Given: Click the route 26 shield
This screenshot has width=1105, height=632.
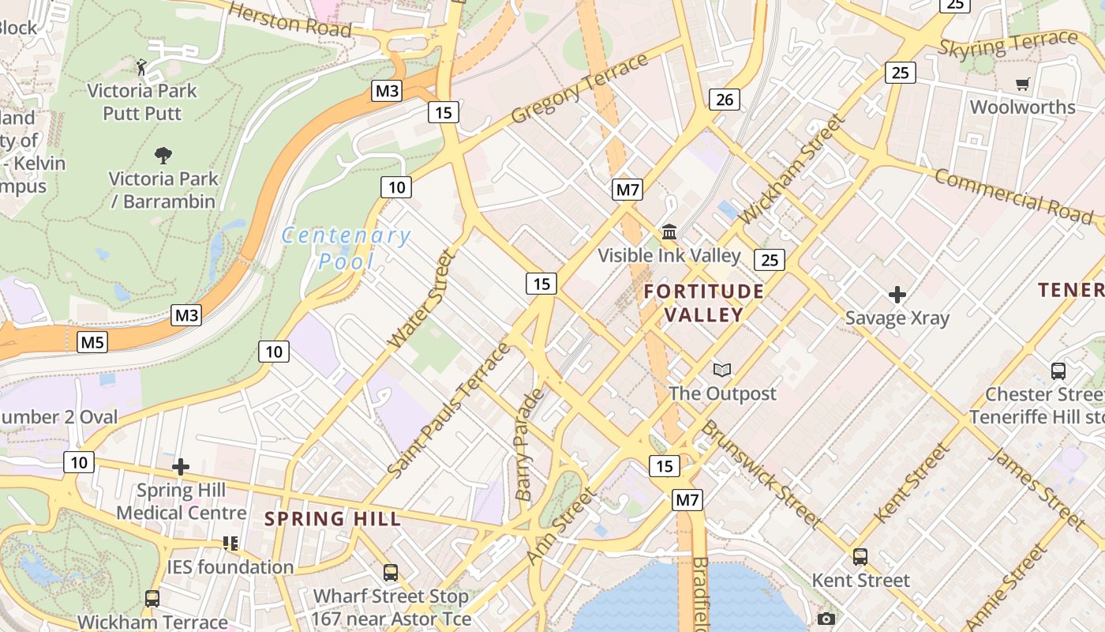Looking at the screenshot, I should [725, 100].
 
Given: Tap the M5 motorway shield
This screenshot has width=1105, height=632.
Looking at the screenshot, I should [92, 342].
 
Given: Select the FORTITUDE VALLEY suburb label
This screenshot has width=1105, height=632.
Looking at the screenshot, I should [703, 303].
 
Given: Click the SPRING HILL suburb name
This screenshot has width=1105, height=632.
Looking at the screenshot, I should [332, 519].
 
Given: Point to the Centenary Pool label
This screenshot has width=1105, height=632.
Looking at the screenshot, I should [346, 248].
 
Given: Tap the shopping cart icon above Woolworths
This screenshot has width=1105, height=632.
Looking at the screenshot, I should [1022, 84].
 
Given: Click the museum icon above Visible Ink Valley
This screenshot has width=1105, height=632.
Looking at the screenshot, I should [669, 231].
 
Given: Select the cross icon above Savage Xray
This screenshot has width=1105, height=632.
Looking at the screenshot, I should [897, 295].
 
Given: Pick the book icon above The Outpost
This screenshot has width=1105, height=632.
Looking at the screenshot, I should [721, 370].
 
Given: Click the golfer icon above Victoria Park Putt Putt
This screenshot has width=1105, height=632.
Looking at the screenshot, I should [142, 66].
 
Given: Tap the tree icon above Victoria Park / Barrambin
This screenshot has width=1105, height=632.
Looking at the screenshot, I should [163, 155].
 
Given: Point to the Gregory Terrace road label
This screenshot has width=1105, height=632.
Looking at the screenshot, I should [579, 89].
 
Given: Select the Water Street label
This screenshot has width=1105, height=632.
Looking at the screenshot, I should [423, 299].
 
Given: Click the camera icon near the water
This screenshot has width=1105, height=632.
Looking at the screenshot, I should [826, 619].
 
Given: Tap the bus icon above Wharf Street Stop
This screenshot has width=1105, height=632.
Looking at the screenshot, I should [390, 572].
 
